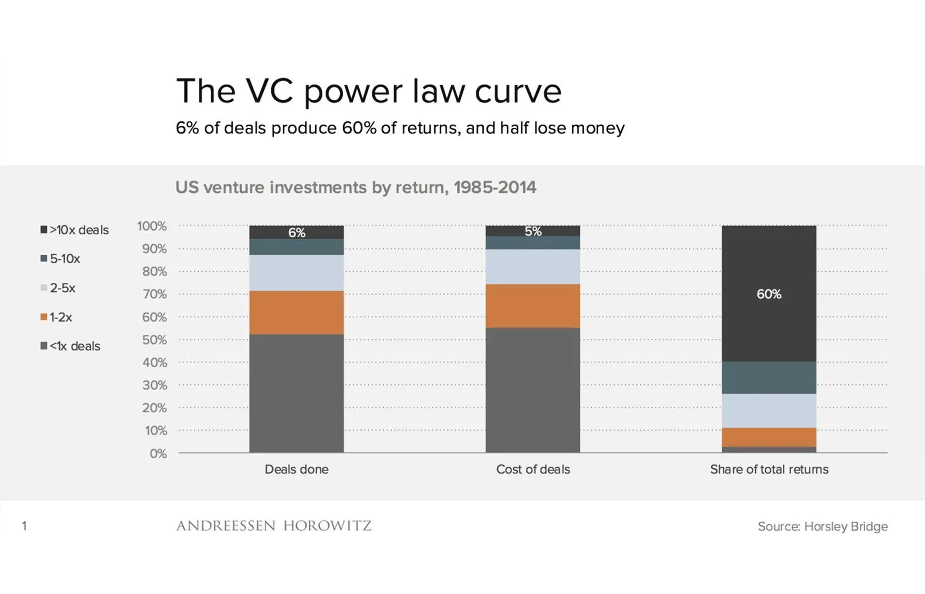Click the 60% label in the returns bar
click(769, 294)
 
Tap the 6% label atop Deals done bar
click(297, 233)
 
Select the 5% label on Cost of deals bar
click(533, 231)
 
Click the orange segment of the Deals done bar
click(296, 312)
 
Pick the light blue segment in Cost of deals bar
click(533, 267)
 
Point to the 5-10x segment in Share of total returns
click(769, 378)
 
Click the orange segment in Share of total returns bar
click(769, 437)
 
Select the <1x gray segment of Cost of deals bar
click(533, 390)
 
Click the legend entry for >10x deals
click(75, 230)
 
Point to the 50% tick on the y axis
click(154, 340)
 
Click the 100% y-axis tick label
click(152, 226)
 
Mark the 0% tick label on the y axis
click(158, 453)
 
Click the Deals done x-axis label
click(296, 469)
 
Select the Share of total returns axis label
click(769, 469)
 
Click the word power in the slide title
click(353, 92)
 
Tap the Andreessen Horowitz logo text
click(274, 526)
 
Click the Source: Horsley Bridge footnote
click(822, 526)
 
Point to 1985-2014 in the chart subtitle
click(495, 187)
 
